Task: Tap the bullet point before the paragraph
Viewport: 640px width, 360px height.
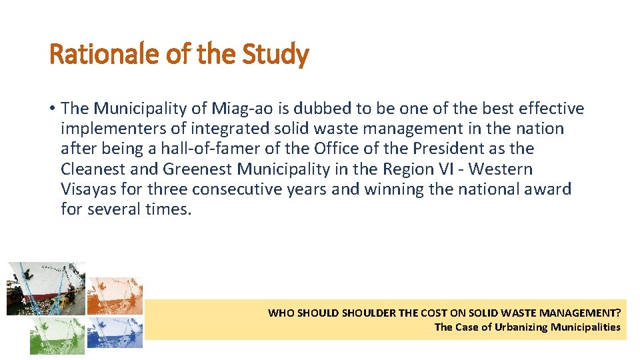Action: [52, 109]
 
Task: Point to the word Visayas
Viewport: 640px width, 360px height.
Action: [89, 189]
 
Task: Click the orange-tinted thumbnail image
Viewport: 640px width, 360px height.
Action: [115, 295]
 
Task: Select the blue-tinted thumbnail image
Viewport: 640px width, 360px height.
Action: [115, 333]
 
